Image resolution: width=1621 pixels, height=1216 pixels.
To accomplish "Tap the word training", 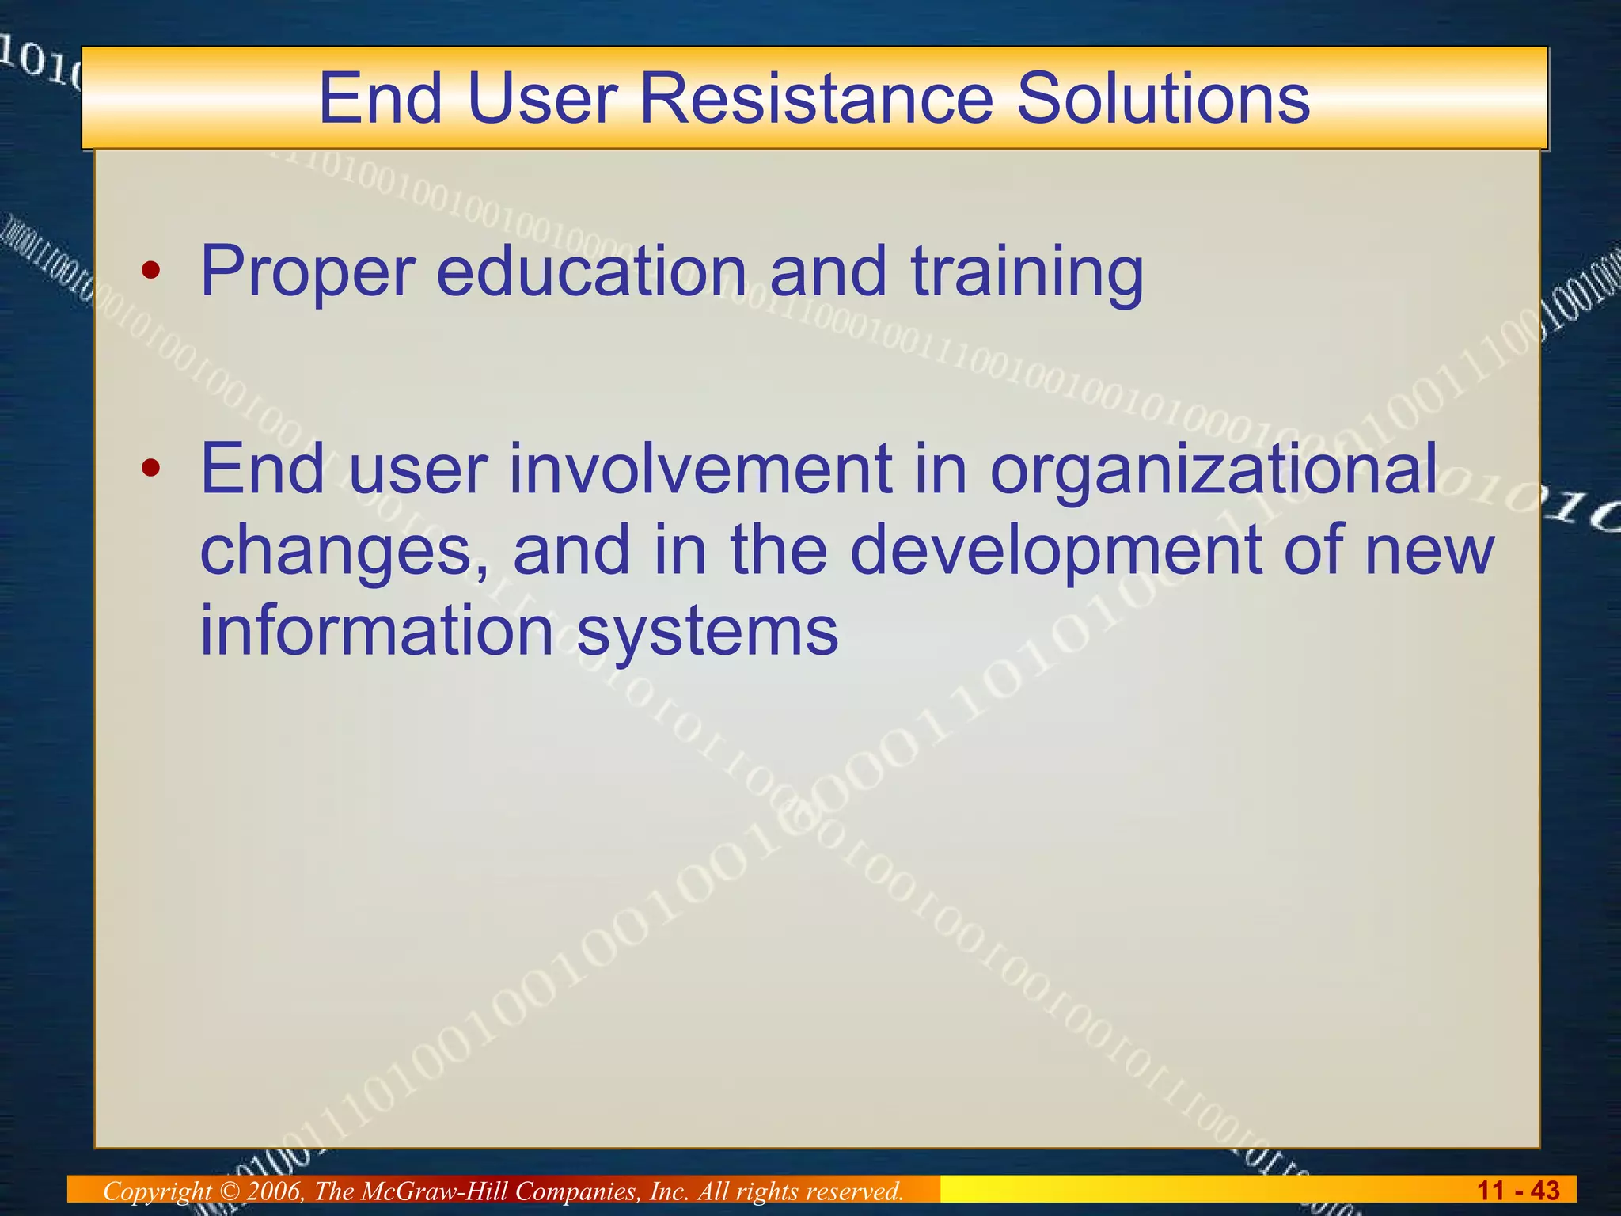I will pyautogui.click(x=1027, y=272).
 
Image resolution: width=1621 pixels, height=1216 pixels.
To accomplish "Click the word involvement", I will pyautogui.click(x=700, y=469).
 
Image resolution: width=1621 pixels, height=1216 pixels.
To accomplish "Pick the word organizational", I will pyautogui.click(x=1213, y=469).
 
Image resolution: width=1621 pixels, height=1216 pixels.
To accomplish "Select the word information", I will pyautogui.click(x=376, y=631).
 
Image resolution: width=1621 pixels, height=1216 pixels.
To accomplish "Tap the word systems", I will pyautogui.click(x=707, y=631).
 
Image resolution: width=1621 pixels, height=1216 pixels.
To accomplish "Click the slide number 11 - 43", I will pyautogui.click(x=1518, y=1190).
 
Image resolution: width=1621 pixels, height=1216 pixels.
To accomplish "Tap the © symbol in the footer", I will pyautogui.click(x=229, y=1191).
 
